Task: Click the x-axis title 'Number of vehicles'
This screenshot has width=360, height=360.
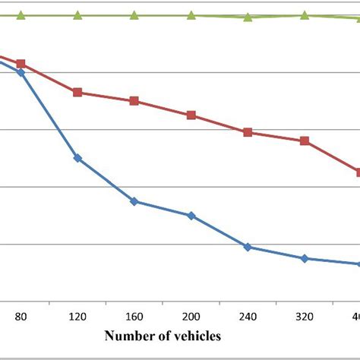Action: coord(163,335)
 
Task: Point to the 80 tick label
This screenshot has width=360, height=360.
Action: coord(21,316)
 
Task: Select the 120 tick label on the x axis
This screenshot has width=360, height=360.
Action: coord(77,316)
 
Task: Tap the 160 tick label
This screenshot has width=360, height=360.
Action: coord(134,316)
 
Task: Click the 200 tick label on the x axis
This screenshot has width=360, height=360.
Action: coord(191,316)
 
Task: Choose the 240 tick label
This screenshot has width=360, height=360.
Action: coord(248,316)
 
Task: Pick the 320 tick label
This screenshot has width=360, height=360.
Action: coord(305,316)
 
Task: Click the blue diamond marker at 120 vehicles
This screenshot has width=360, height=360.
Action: coord(77,158)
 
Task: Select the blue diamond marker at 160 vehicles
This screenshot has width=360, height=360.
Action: coord(134,201)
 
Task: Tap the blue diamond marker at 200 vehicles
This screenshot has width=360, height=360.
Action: coord(191,216)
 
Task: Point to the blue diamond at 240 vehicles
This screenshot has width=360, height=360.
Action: coord(248,247)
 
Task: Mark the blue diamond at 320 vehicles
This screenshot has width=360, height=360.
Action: coord(305,258)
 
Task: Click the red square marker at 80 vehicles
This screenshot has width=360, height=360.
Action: coord(21,65)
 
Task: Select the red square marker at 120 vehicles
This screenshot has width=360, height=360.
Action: coord(77,92)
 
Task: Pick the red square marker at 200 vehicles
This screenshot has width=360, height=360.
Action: coord(191,115)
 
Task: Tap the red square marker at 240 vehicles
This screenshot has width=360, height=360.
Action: coord(248,132)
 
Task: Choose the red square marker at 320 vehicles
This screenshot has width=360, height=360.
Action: coord(305,141)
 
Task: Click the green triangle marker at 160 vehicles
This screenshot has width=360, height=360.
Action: coord(134,14)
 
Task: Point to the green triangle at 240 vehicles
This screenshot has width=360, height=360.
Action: coord(248,17)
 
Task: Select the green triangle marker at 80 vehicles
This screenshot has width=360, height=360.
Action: coord(21,14)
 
